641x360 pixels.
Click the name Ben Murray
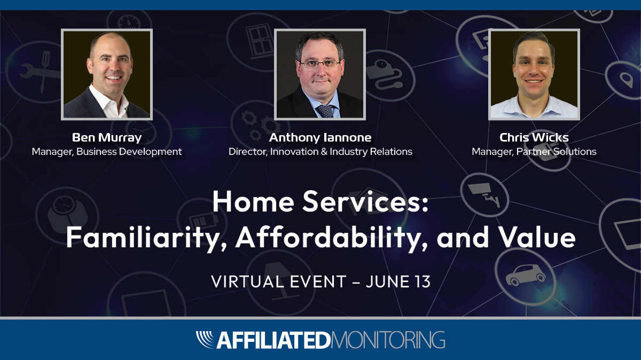pyautogui.click(x=107, y=138)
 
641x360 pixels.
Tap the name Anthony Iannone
pyautogui.click(x=320, y=138)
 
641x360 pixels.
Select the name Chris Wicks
pyautogui.click(x=534, y=138)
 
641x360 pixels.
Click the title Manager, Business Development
pyautogui.click(x=107, y=152)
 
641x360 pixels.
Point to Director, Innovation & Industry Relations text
pyautogui.click(x=320, y=152)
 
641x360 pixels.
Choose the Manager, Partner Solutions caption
pyautogui.click(x=534, y=152)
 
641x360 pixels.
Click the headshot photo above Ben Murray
pyautogui.click(x=107, y=74)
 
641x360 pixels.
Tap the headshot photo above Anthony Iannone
pyautogui.click(x=320, y=74)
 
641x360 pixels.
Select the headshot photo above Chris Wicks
pyautogui.click(x=534, y=74)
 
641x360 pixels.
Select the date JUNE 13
pyautogui.click(x=398, y=281)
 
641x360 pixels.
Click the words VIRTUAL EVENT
pyautogui.click(x=278, y=281)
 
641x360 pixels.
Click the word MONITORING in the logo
pyautogui.click(x=388, y=340)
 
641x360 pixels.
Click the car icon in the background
pyautogui.click(x=526, y=275)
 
